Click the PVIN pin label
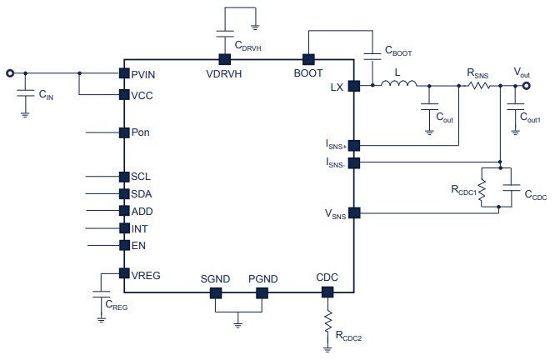144,75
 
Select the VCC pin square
122,95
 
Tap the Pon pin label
141,132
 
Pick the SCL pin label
141,177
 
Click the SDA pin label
142,194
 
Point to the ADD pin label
142,211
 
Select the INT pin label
140,228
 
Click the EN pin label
137,245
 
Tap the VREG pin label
146,273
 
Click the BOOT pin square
307,59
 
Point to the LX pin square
353,85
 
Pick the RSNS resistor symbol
479,85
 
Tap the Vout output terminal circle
525,85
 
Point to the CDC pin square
327,292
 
